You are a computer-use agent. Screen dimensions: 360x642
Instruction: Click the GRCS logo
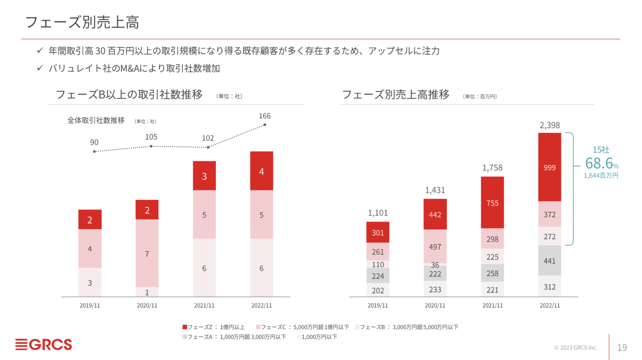pos(44,345)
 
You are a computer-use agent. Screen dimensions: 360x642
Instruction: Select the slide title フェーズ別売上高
pos(82,22)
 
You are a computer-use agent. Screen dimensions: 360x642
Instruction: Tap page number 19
pos(622,347)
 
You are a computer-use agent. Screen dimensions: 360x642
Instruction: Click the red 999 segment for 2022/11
pos(549,167)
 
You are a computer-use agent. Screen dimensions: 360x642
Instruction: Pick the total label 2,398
pos(549,125)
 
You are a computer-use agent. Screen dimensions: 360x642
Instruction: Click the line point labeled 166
pos(265,125)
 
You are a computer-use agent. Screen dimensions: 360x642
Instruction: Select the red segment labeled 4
pos(261,171)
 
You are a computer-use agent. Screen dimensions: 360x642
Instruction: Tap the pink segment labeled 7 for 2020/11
pos(147,253)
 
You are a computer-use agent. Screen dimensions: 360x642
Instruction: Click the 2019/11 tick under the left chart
pos(90,306)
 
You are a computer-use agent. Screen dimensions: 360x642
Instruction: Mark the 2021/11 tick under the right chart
pos(492,306)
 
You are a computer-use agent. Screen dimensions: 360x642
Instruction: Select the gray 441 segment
pos(549,260)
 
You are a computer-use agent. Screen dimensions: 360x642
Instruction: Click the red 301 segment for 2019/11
pos(377,232)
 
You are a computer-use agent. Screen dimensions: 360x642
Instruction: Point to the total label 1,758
pos(492,168)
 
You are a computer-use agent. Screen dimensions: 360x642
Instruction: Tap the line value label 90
pos(94,142)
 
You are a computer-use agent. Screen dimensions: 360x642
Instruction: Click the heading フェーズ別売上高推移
pos(395,94)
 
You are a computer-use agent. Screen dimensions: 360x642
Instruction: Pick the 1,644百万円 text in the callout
pos(601,176)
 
